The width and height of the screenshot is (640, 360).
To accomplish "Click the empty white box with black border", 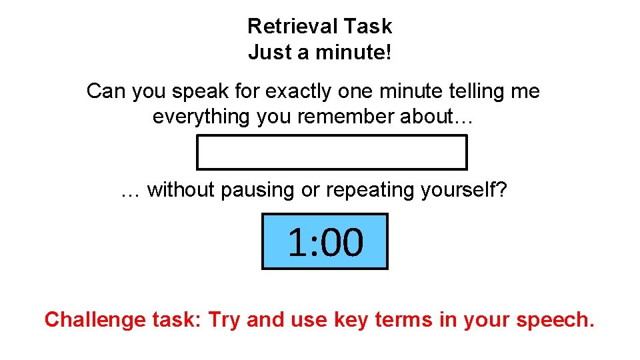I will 331,153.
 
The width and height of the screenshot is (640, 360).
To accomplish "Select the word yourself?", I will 465,190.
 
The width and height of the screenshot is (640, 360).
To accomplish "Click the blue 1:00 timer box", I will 325,241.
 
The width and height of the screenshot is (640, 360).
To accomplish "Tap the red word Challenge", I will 89,320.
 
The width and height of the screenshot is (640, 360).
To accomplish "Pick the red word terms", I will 405,320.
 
